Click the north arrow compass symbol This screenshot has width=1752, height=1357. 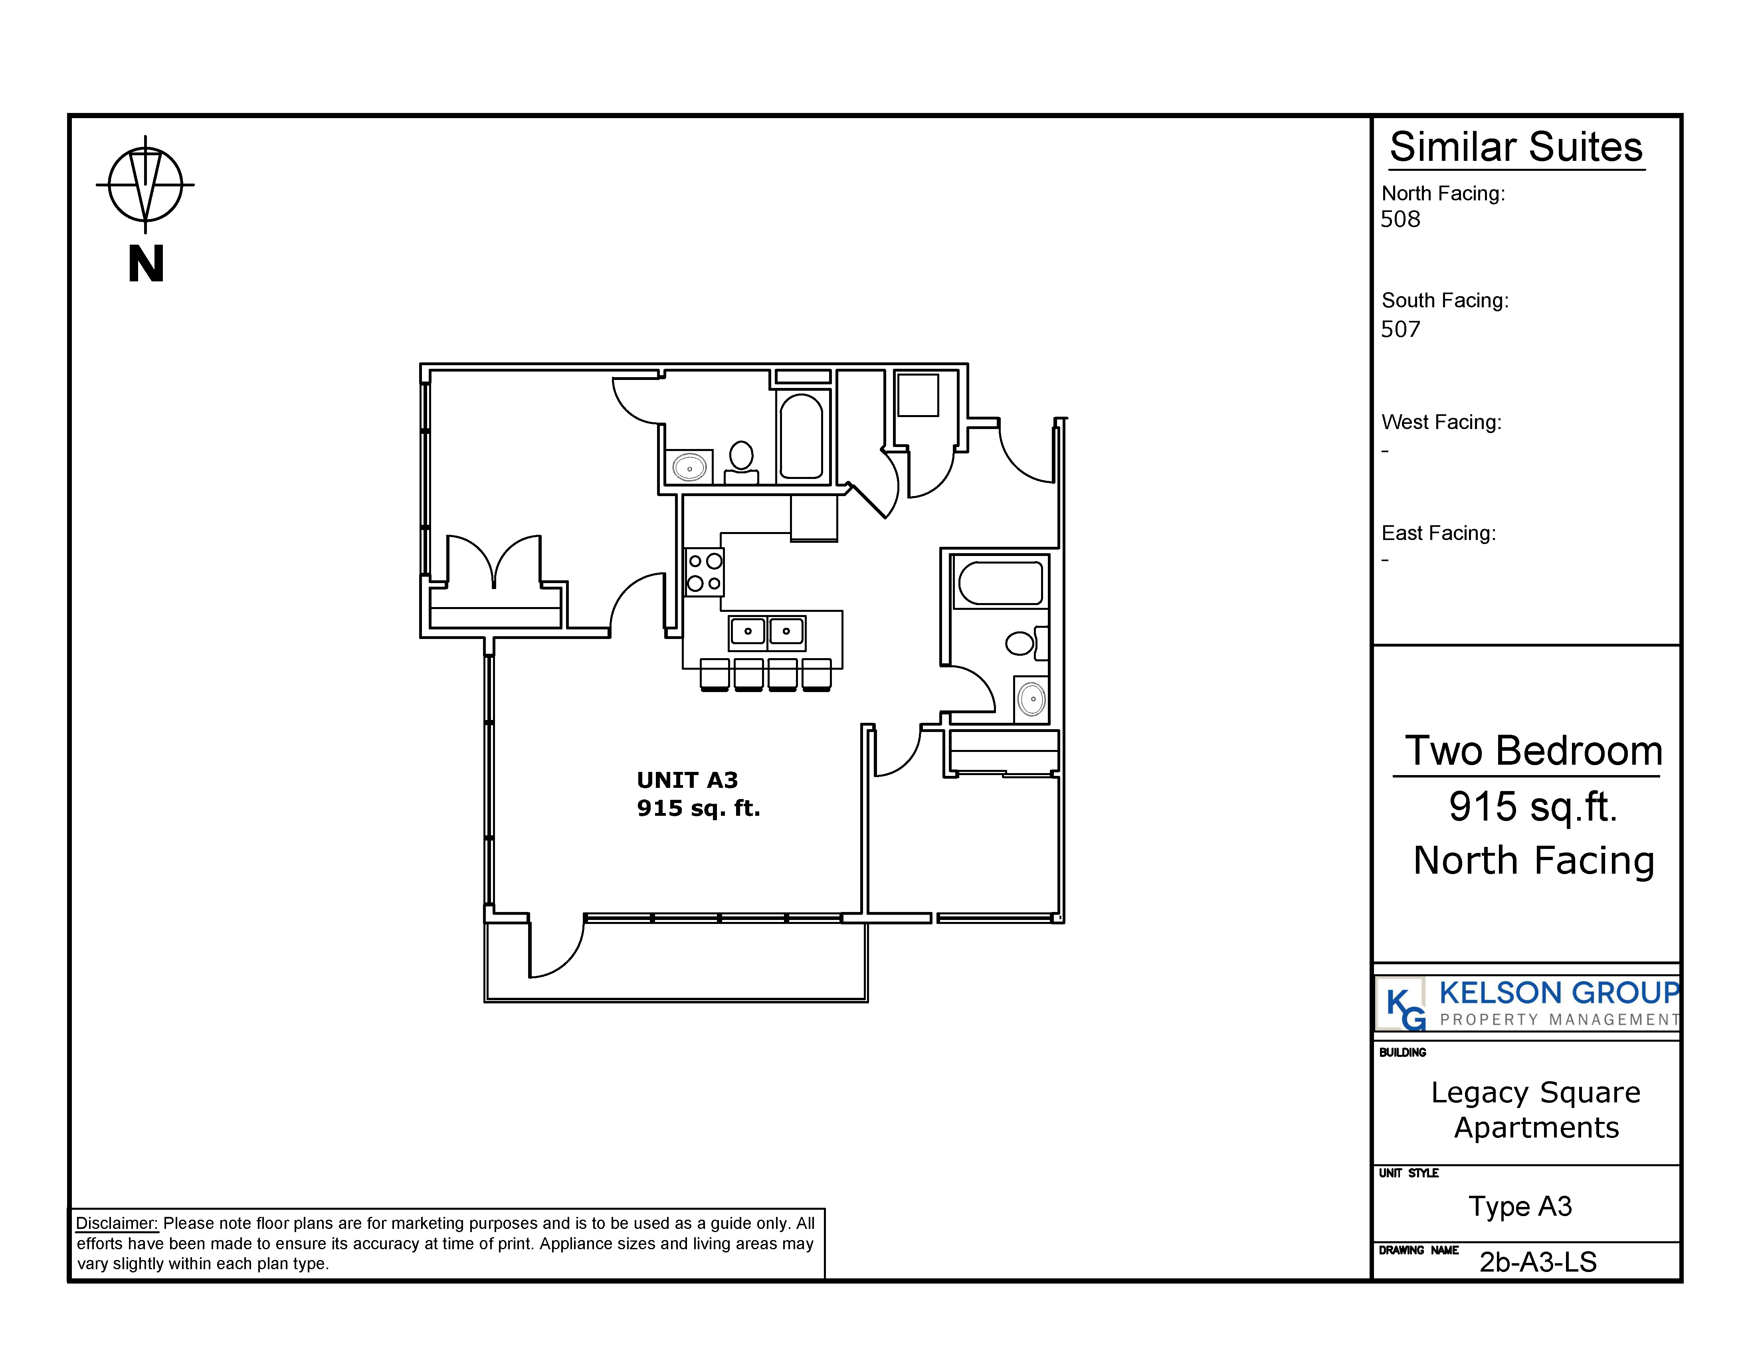tap(145, 184)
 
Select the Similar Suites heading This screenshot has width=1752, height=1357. tap(1516, 148)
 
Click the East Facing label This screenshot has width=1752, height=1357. tap(1438, 533)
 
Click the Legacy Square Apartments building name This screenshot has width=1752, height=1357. tap(1535, 1110)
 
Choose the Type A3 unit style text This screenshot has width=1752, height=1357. tap(1520, 1206)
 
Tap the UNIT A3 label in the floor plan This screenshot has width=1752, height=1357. tap(687, 779)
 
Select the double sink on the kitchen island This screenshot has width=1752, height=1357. tap(767, 633)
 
